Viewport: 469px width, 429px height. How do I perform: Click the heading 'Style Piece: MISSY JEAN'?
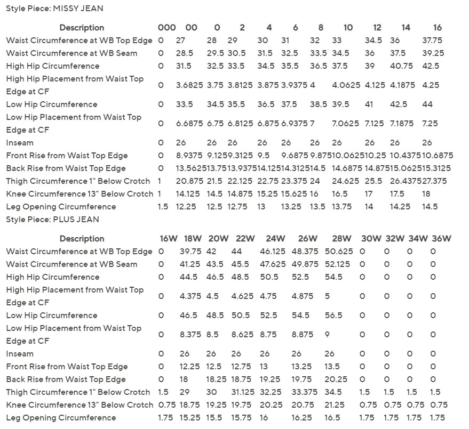54,9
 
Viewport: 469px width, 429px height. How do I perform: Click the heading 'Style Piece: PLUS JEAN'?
52,220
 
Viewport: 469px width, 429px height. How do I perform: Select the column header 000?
166,28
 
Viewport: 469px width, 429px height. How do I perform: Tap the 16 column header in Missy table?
437,28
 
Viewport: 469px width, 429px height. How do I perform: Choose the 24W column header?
276,239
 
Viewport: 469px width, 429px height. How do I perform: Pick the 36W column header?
441,239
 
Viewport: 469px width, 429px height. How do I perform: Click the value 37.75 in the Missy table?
433,41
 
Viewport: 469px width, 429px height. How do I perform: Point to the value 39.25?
433,53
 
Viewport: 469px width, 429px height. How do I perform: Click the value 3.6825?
189,85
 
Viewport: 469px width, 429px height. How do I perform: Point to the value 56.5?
333,315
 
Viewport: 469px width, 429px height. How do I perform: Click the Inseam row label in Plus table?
20,354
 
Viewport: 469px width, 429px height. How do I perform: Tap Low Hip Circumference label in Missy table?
52,104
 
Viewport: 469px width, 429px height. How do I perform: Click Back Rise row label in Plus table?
66,379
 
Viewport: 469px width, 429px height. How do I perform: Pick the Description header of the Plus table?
82,239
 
